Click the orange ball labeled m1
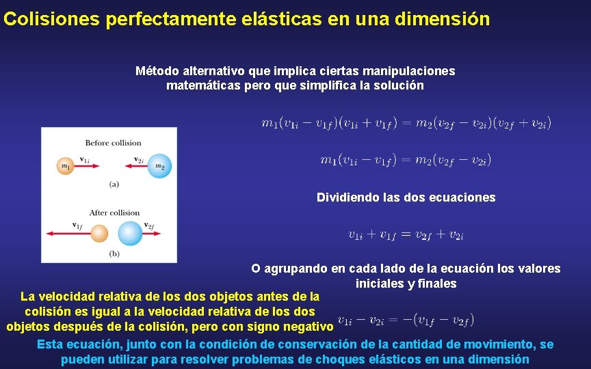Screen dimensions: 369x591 click(65, 166)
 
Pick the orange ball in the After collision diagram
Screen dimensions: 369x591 click(100, 234)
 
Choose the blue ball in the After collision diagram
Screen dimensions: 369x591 click(130, 234)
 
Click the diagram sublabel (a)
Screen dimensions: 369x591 click(114, 183)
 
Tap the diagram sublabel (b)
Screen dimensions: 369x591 click(114, 254)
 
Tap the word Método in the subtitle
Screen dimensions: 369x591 click(157, 71)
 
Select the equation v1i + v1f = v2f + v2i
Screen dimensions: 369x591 click(406, 234)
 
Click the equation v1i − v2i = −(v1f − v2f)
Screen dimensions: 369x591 click(406, 320)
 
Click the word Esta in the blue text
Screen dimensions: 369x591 click(49, 344)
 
